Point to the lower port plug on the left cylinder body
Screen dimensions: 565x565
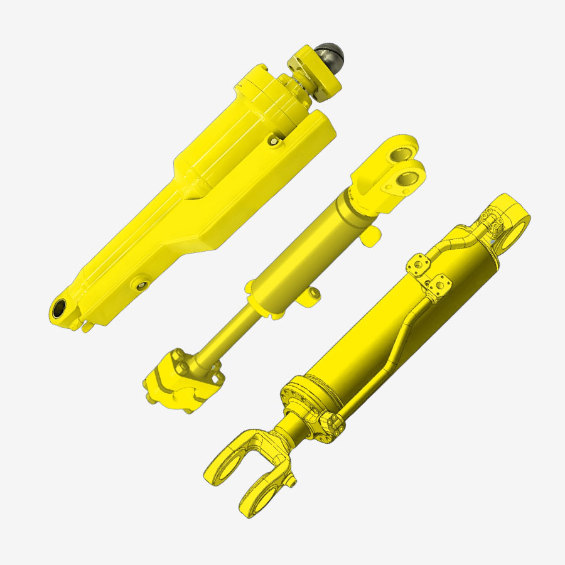[140, 287]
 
